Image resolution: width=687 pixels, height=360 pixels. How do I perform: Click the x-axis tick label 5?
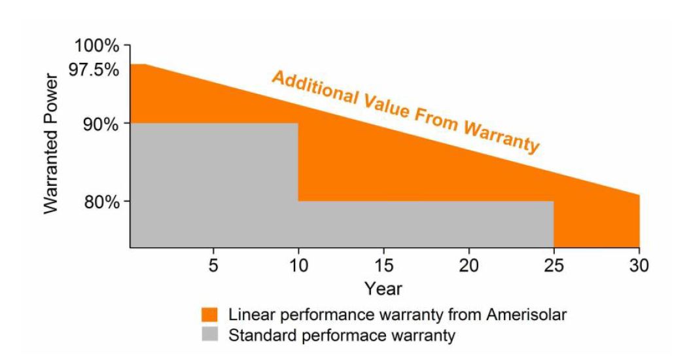[213, 266]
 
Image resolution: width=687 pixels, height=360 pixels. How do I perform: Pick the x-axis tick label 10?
[298, 266]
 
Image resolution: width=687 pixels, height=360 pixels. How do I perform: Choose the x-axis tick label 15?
[383, 266]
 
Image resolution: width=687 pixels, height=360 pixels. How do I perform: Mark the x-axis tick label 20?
[468, 266]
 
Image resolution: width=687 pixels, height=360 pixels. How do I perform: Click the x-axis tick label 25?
[554, 266]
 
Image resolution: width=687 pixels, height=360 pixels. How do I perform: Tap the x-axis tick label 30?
[639, 266]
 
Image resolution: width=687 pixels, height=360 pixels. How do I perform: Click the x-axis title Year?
[383, 288]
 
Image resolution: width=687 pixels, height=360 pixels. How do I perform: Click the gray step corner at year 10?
[298, 124]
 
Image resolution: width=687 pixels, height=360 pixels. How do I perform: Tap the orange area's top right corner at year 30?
[639, 195]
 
